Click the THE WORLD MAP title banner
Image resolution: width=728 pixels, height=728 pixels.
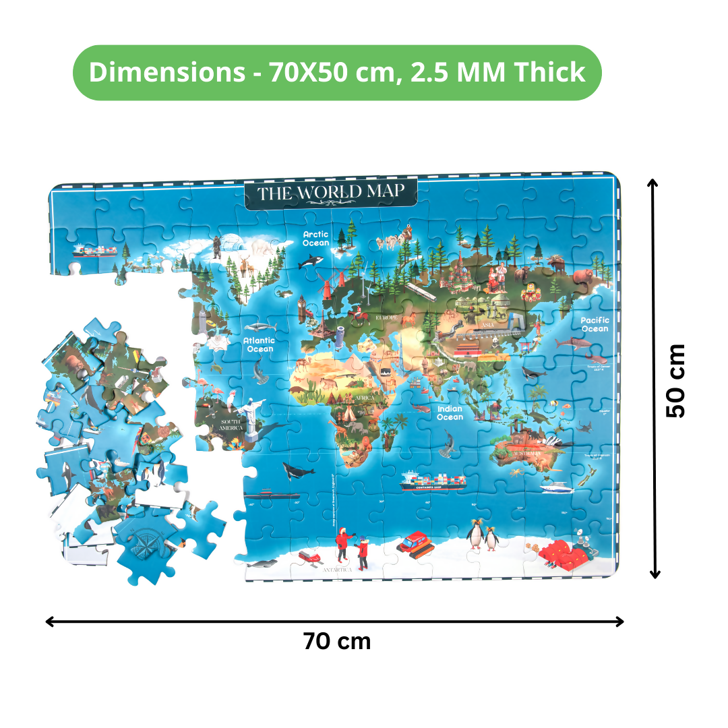pos(330,193)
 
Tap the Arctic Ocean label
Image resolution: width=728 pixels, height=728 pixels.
pos(315,239)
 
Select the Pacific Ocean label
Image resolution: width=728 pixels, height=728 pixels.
pos(595,324)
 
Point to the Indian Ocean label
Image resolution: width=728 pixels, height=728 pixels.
pos(450,413)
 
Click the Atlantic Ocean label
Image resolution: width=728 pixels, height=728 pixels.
pos(260,344)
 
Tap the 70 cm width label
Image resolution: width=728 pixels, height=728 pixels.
pos(336,640)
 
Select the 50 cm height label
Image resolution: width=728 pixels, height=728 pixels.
pos(675,381)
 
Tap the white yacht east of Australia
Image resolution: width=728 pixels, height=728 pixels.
pos(553,486)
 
